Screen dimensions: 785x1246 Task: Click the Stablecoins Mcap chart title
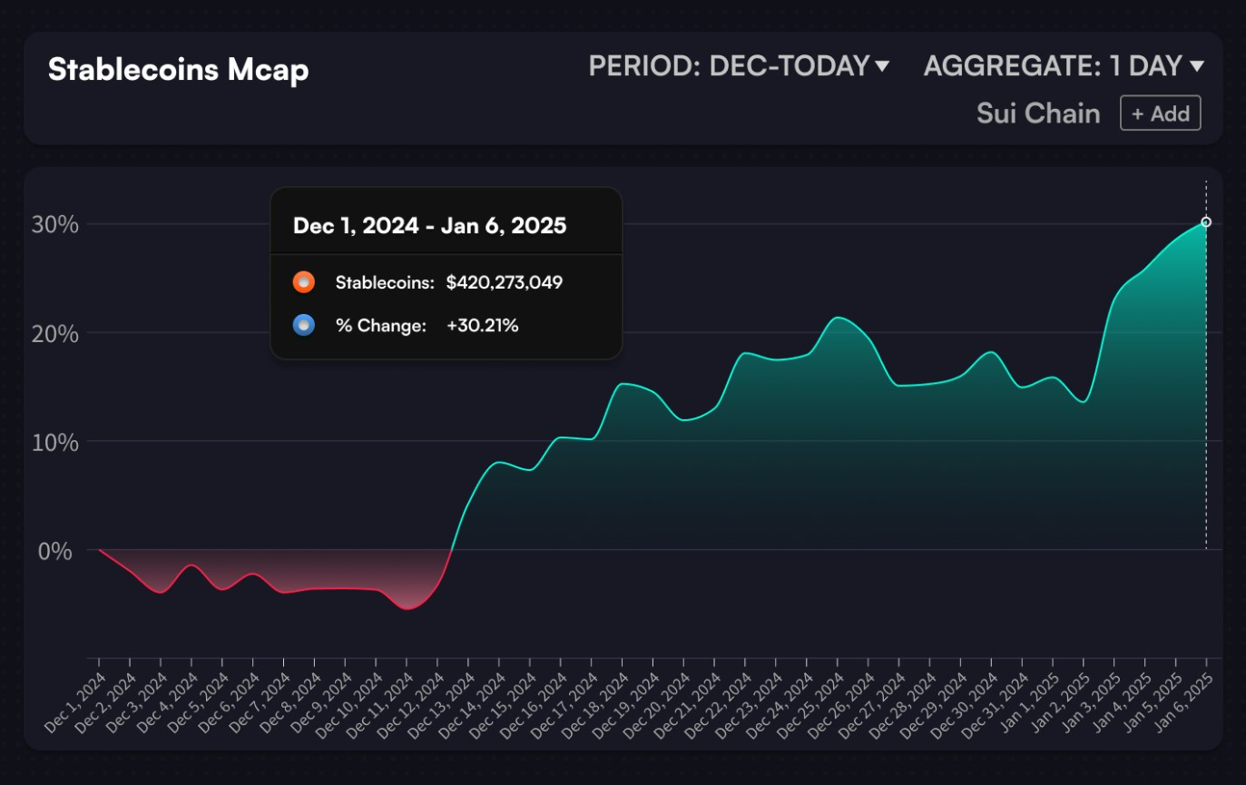tap(178, 70)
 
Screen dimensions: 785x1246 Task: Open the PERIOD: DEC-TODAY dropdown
tap(739, 66)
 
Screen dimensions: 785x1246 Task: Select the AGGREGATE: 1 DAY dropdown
tap(1064, 66)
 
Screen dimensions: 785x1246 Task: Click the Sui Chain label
tap(1038, 114)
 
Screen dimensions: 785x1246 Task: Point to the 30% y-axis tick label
tap(55, 224)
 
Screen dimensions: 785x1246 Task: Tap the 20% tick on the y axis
tap(55, 333)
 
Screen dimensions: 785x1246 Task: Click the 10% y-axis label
tap(55, 442)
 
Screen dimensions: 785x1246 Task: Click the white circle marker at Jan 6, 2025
tap(1206, 222)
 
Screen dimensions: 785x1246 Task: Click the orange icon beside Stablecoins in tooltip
tap(304, 282)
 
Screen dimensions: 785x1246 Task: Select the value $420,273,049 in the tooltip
tap(505, 282)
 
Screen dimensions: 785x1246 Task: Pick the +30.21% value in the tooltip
tap(482, 326)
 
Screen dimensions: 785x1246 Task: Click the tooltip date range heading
tap(429, 226)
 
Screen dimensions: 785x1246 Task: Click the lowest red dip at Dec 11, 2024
tap(407, 609)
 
